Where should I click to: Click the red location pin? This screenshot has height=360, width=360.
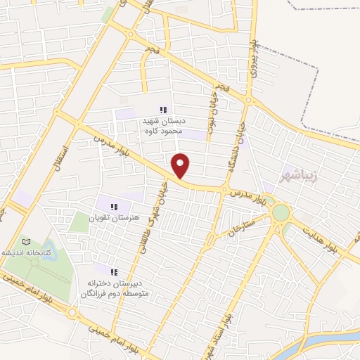[181, 165]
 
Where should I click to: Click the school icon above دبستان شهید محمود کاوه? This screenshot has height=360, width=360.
[163, 110]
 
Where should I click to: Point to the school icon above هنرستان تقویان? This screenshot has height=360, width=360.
[112, 206]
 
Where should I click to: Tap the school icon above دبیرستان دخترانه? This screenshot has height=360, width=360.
[114, 271]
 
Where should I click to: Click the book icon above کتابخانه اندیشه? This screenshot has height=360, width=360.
[26, 241]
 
